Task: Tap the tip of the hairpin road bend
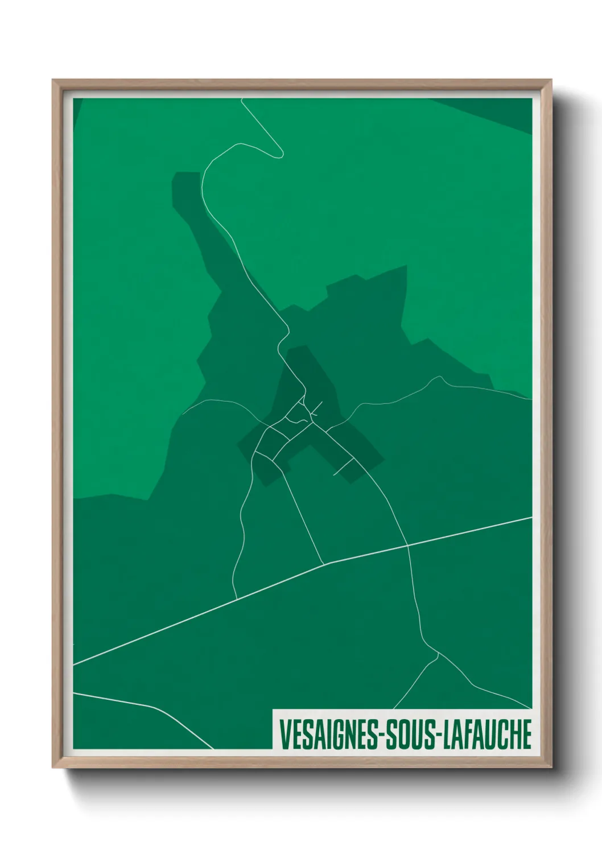[x=281, y=154]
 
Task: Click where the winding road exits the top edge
[x=242, y=100]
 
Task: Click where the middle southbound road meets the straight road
[x=324, y=564]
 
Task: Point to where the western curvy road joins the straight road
[x=236, y=599]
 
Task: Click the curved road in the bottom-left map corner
[x=154, y=707]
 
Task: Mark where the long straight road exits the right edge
[x=531, y=518]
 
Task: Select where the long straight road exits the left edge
[x=75, y=664]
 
